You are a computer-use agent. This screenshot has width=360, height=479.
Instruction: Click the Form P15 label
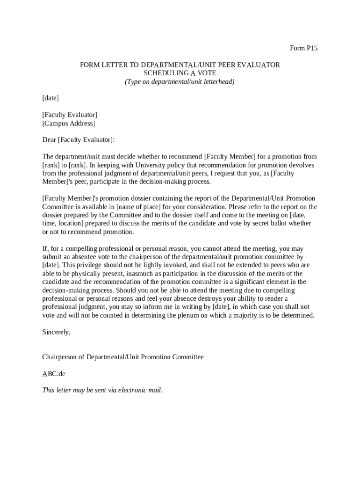[303, 48]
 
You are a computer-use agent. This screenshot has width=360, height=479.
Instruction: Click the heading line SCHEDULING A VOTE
[180, 73]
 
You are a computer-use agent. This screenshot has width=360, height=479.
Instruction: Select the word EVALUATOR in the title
[259, 65]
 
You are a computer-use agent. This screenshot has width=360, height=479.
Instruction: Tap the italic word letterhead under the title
[217, 82]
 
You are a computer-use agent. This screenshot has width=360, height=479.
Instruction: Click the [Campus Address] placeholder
[68, 123]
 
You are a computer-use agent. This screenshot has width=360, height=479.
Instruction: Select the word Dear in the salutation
[49, 140]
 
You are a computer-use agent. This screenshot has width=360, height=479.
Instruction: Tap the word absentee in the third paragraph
[81, 257]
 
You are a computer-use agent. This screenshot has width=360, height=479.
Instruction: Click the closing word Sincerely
[56, 332]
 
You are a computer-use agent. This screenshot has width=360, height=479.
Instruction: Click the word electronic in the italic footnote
[132, 390]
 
